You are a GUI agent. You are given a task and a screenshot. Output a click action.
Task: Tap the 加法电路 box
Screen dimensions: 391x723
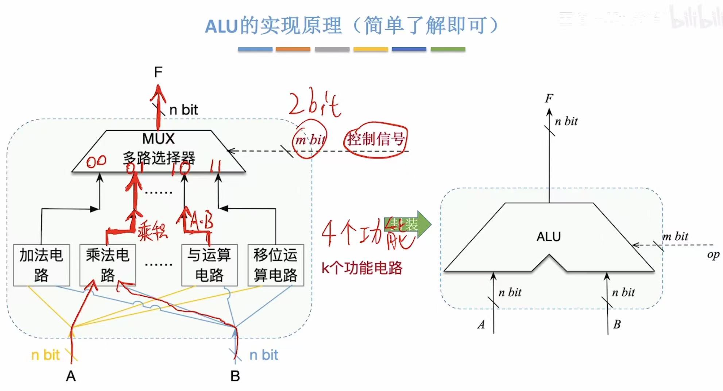(41, 265)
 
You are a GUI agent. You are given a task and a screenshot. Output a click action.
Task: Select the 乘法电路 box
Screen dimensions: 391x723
(108, 265)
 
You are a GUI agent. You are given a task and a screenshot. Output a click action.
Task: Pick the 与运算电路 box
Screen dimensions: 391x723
(209, 265)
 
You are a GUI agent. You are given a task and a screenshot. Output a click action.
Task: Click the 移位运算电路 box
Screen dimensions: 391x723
(275, 265)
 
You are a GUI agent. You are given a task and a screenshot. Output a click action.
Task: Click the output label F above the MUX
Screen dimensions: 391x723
(158, 72)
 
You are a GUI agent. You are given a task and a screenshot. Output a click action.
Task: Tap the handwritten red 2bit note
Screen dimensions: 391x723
(314, 103)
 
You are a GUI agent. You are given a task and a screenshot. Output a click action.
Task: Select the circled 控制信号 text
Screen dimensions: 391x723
(376, 139)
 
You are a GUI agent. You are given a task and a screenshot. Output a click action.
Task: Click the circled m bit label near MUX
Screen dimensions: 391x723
(310, 140)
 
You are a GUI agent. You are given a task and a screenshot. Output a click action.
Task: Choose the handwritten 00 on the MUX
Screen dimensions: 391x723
(96, 161)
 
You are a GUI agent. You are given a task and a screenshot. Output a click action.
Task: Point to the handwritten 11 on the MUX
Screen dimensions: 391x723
(215, 166)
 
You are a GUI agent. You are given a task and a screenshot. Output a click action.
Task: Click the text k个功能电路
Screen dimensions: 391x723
(361, 268)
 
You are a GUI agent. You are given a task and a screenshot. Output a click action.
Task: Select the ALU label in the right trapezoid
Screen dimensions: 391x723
(548, 237)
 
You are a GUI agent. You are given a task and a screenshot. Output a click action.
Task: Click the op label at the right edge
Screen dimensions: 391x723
(713, 254)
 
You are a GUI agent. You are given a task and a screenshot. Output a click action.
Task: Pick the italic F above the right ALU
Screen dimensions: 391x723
(549, 98)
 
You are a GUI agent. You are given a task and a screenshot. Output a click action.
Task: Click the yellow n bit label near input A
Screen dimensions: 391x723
(45, 355)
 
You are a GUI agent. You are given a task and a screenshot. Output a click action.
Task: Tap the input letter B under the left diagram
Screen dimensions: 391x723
(235, 376)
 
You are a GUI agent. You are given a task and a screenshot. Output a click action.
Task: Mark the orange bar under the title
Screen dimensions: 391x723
(293, 49)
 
